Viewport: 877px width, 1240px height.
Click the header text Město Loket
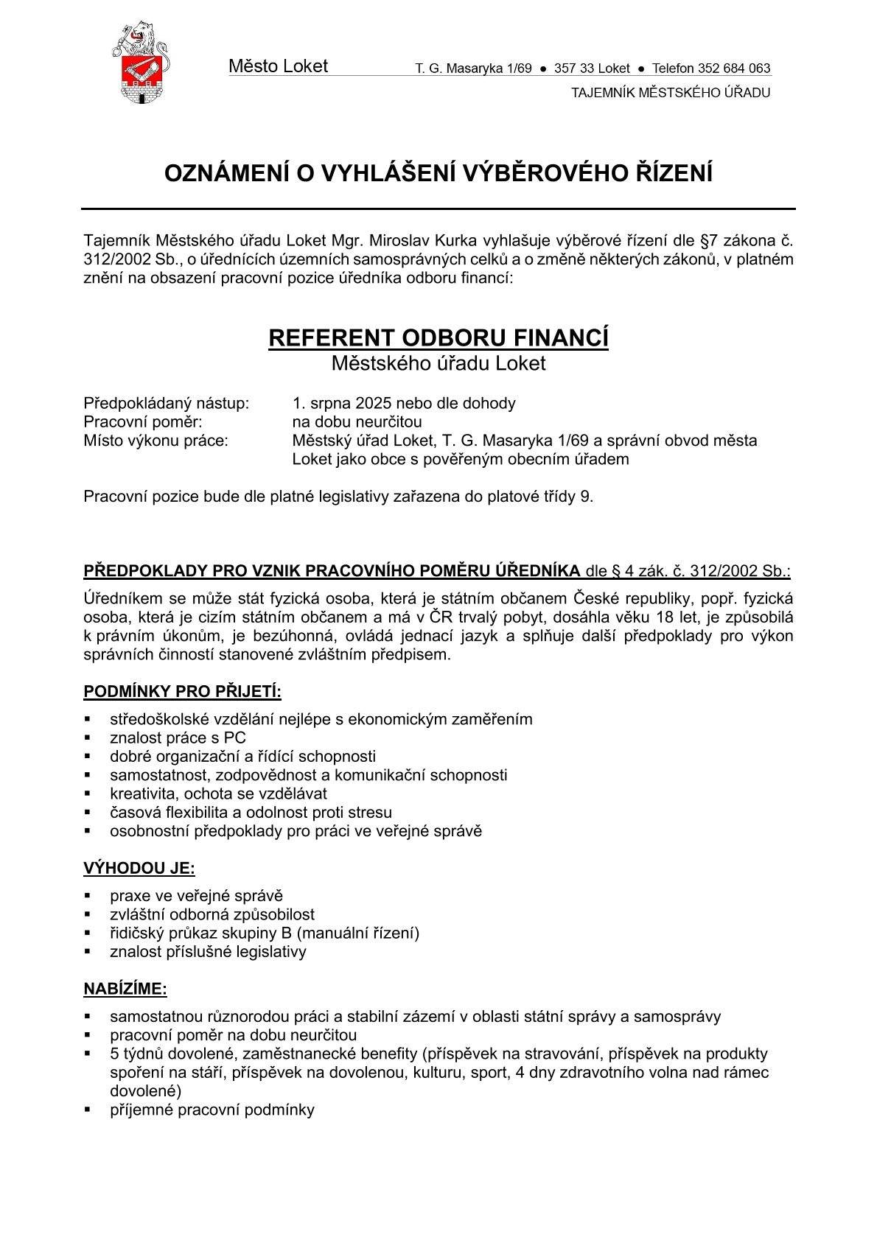[x=278, y=66]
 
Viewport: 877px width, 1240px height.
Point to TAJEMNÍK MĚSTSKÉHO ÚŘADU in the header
[x=671, y=93]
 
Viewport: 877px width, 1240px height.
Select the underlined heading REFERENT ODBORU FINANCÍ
[x=438, y=338]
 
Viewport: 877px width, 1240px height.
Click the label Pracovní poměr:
[x=142, y=422]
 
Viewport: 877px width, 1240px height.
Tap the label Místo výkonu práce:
[x=156, y=441]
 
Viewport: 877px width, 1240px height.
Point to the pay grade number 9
[x=586, y=497]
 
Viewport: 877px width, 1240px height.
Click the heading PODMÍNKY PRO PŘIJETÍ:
[x=182, y=692]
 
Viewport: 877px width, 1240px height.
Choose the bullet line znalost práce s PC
[x=178, y=738]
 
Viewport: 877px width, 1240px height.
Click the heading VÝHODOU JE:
[x=139, y=869]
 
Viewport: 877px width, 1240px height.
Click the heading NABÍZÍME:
[x=125, y=989]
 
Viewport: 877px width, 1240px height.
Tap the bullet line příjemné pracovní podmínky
[x=212, y=1110]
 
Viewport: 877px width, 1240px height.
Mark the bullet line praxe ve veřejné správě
[x=196, y=896]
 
